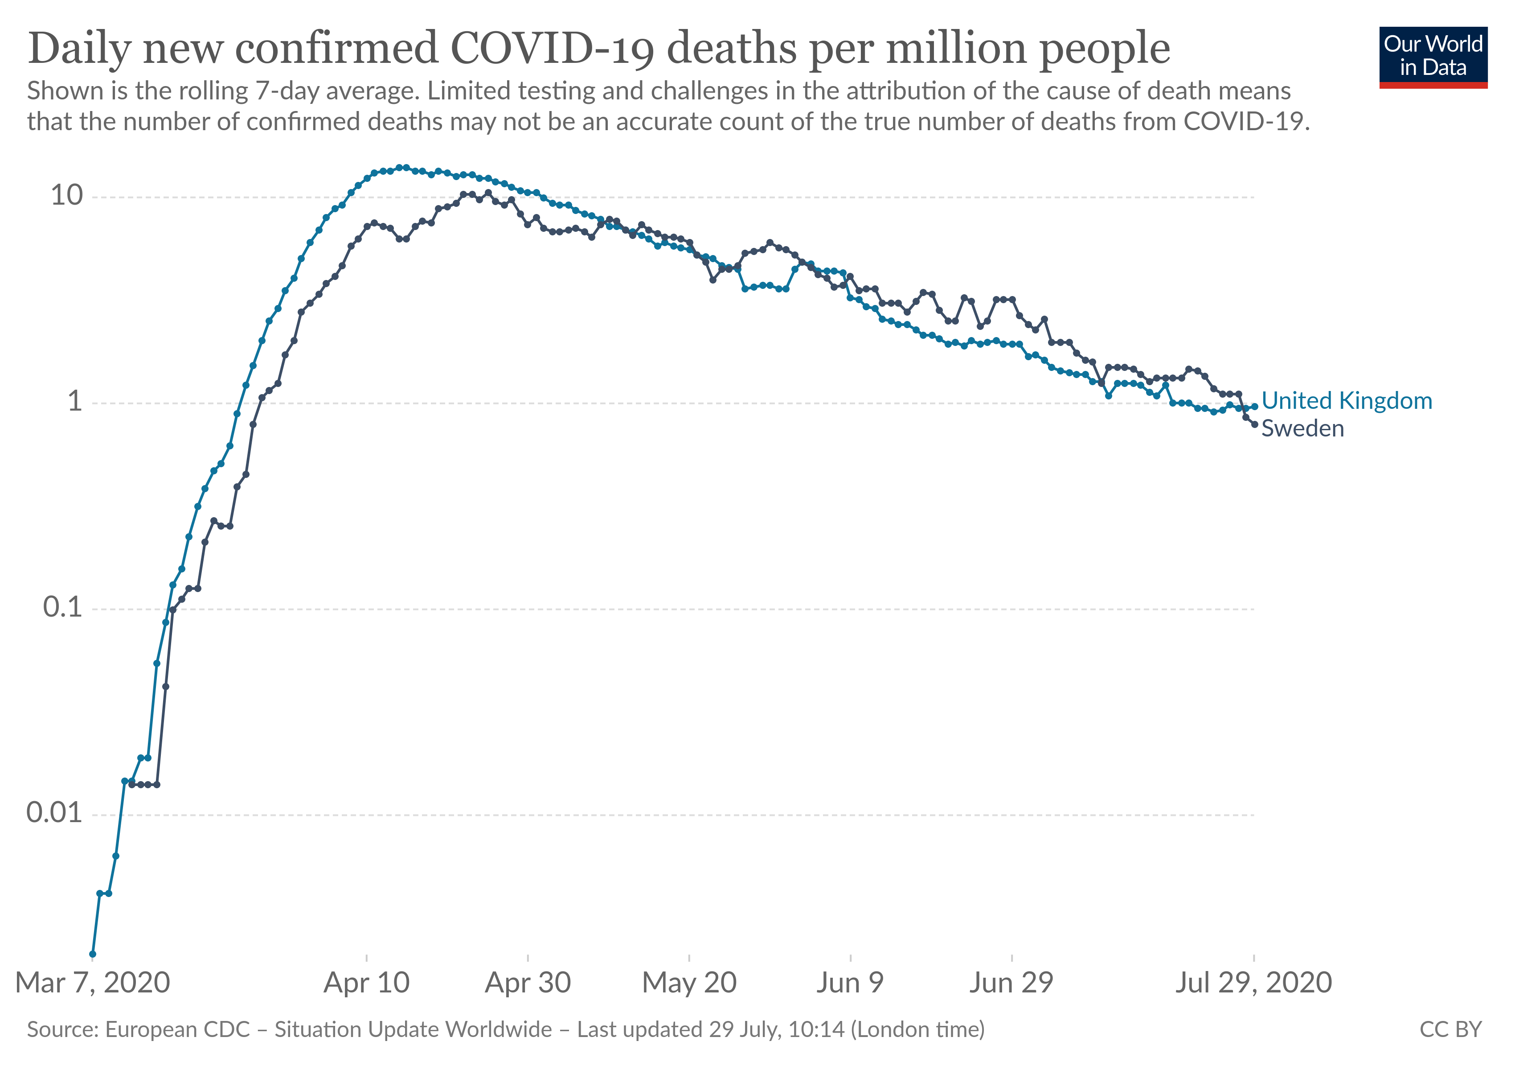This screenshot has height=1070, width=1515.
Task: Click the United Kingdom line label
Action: (x=1346, y=401)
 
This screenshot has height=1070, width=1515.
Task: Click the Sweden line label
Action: (x=1302, y=428)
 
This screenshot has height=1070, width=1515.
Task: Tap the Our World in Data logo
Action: (x=1433, y=57)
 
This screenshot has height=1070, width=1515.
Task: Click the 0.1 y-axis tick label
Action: (x=63, y=607)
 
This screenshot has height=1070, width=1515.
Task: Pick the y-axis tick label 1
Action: (x=75, y=401)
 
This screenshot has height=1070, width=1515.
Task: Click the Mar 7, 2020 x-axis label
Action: (x=92, y=983)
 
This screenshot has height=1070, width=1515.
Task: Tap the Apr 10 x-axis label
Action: (x=366, y=983)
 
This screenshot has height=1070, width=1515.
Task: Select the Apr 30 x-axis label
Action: (x=528, y=983)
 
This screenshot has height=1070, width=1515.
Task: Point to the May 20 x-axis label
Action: (x=689, y=983)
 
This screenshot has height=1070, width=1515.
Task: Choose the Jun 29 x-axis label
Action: (x=1011, y=983)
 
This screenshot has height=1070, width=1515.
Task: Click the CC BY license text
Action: (x=1450, y=1030)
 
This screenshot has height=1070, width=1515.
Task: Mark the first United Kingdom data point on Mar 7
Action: (x=92, y=954)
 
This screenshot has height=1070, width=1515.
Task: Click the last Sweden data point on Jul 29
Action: (x=1254, y=424)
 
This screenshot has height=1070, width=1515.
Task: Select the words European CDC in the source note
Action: (x=177, y=1030)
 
